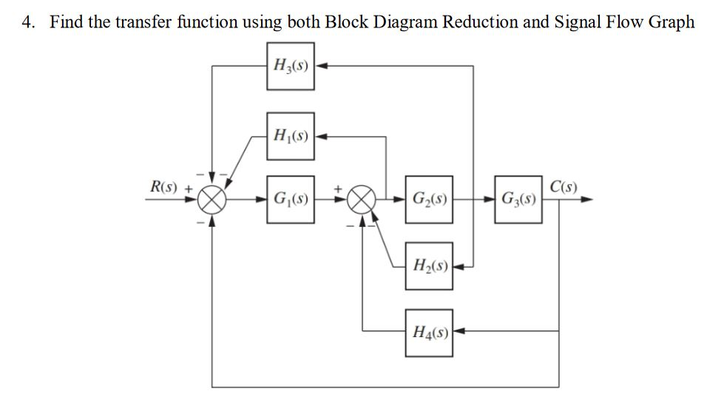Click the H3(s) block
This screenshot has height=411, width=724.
(291, 67)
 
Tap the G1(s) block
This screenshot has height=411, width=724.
(291, 200)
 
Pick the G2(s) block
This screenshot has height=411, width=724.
(429, 200)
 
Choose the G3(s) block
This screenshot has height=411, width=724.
(519, 200)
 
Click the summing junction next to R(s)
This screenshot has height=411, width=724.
(212, 200)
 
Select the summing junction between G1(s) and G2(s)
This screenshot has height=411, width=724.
(362, 200)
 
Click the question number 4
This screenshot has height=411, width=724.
(27, 21)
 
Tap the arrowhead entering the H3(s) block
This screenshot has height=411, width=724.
(322, 67)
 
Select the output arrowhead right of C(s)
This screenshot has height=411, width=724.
(587, 200)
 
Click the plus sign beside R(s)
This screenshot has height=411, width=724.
(189, 188)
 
